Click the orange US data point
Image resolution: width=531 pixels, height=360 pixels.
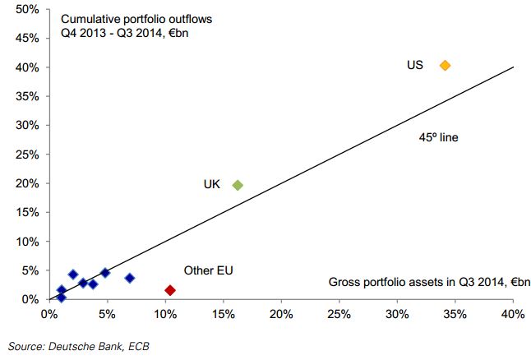click(446, 65)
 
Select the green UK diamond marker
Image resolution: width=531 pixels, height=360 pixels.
click(238, 185)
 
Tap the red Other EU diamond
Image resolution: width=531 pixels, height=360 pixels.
click(170, 290)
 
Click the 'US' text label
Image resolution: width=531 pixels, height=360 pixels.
click(415, 64)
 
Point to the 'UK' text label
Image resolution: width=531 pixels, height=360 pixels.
click(212, 184)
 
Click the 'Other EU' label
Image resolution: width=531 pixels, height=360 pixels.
click(209, 270)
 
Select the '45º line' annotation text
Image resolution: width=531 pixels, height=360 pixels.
click(438, 137)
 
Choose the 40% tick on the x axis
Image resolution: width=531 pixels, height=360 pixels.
click(514, 315)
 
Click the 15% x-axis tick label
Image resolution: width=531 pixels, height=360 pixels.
click(223, 315)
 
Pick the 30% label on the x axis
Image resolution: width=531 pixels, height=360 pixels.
click(397, 315)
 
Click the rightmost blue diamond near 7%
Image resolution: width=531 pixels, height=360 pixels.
click(129, 278)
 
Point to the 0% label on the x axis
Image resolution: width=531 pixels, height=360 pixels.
click(48, 315)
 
